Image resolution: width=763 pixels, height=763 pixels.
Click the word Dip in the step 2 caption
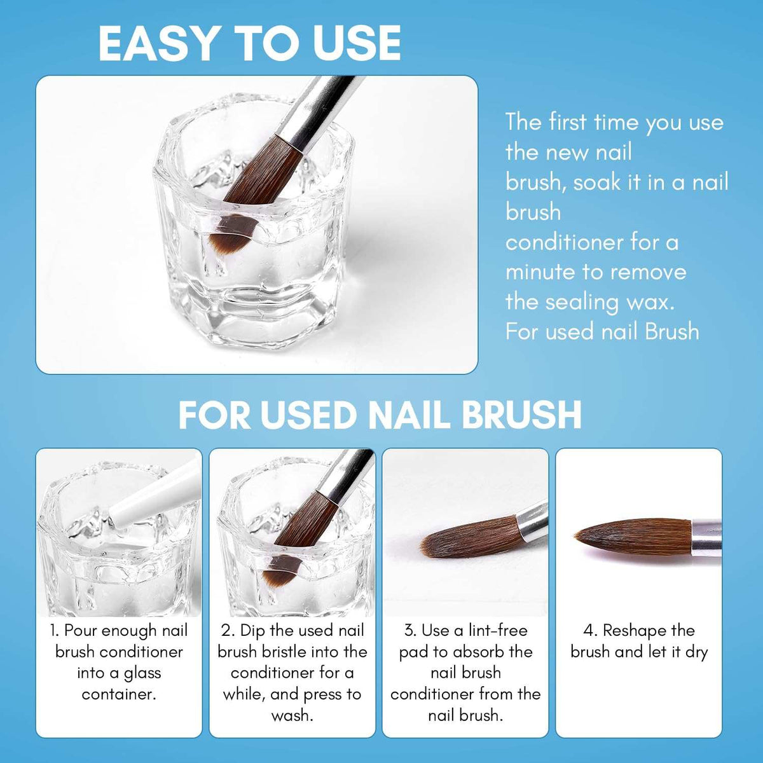pyautogui.click(x=253, y=631)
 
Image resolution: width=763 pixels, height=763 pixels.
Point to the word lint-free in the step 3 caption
pyautogui.click(x=498, y=631)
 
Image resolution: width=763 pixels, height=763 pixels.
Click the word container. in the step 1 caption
pyautogui.click(x=119, y=694)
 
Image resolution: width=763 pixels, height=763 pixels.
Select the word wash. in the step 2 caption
pyautogui.click(x=292, y=715)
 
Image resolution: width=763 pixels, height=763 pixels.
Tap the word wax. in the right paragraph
pyautogui.click(x=650, y=302)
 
